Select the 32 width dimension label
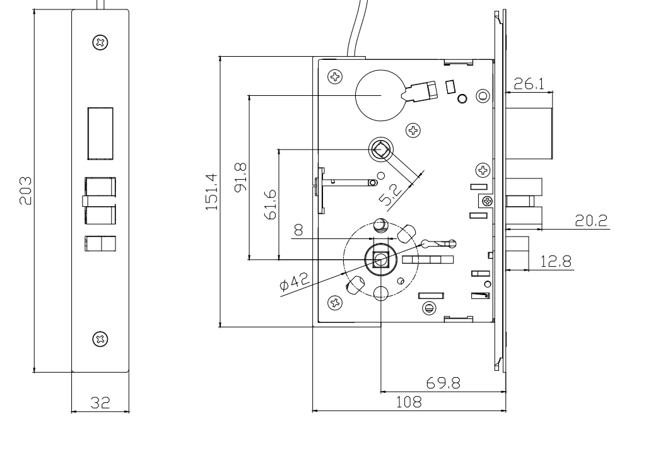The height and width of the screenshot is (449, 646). tap(99, 402)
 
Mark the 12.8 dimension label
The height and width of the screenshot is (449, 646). tap(556, 261)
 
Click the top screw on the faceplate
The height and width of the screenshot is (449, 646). tap(100, 43)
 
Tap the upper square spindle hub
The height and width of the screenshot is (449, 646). tap(381, 150)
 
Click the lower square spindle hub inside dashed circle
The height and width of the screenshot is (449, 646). tap(380, 259)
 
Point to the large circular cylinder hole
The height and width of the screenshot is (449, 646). tap(380, 94)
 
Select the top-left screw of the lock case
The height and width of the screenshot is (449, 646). tap(335, 77)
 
